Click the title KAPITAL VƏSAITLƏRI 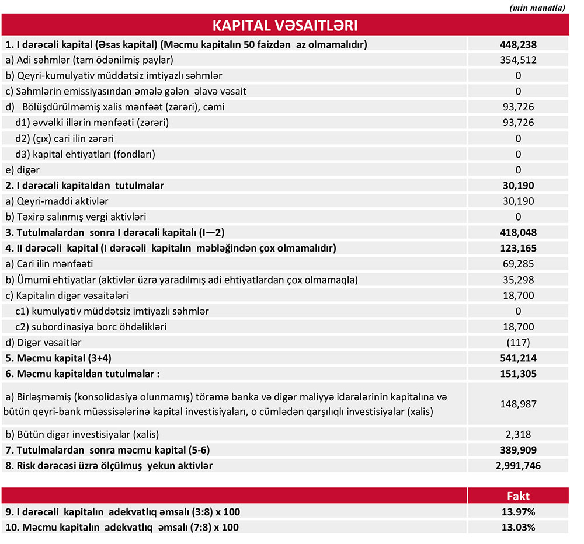[284, 26]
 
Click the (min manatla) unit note [537, 7]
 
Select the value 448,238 [518, 44]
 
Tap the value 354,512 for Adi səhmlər [518, 60]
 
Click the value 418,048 [518, 232]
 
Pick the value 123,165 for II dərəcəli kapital [518, 248]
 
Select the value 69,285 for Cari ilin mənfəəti [518, 264]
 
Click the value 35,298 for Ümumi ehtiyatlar [518, 280]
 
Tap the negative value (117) [518, 342]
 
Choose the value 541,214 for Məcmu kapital [518, 358]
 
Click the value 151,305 [518, 374]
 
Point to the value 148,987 [518, 403]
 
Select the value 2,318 [518, 434]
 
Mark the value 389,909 [518, 450]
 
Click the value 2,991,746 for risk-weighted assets [518, 466]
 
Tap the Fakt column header [518, 496]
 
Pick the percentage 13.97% [518, 512]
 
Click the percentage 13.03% [518, 527]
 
